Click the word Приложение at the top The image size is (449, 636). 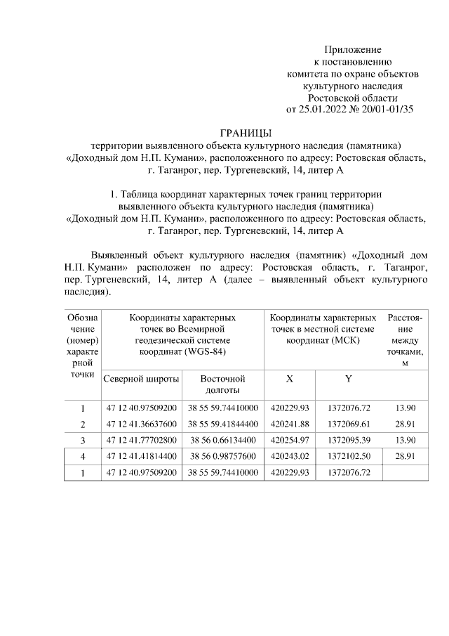pos(352,50)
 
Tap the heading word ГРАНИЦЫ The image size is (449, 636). pos(246,134)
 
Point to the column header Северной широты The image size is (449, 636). pos(140,378)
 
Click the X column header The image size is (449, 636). pos(289,378)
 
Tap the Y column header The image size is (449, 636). pos(348,378)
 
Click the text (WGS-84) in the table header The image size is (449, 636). pos(207,351)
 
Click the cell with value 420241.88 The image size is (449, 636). pos(289,424)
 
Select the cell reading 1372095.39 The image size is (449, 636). pos(349,441)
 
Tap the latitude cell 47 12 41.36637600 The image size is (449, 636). pos(141,424)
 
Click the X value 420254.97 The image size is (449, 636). pos(289,441)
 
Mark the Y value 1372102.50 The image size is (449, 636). pos(349,457)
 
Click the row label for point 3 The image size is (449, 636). pos(82,441)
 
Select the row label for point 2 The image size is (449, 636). pos(82,424)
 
